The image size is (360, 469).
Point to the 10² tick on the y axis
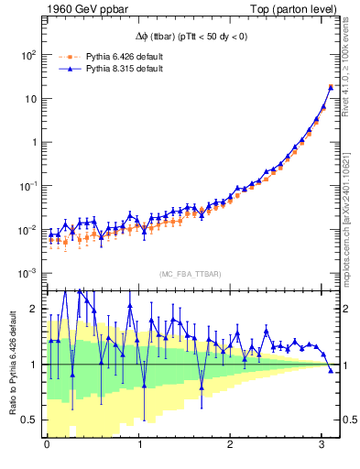[x=27, y=55]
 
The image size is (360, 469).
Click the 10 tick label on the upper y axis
[x=29, y=98]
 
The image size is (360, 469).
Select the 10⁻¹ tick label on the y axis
[x=27, y=186]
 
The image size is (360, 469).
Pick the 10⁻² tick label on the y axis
[x=27, y=229]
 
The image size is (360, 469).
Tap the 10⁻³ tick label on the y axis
[x=27, y=273]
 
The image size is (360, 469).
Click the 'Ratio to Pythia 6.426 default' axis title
[x=11, y=364]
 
